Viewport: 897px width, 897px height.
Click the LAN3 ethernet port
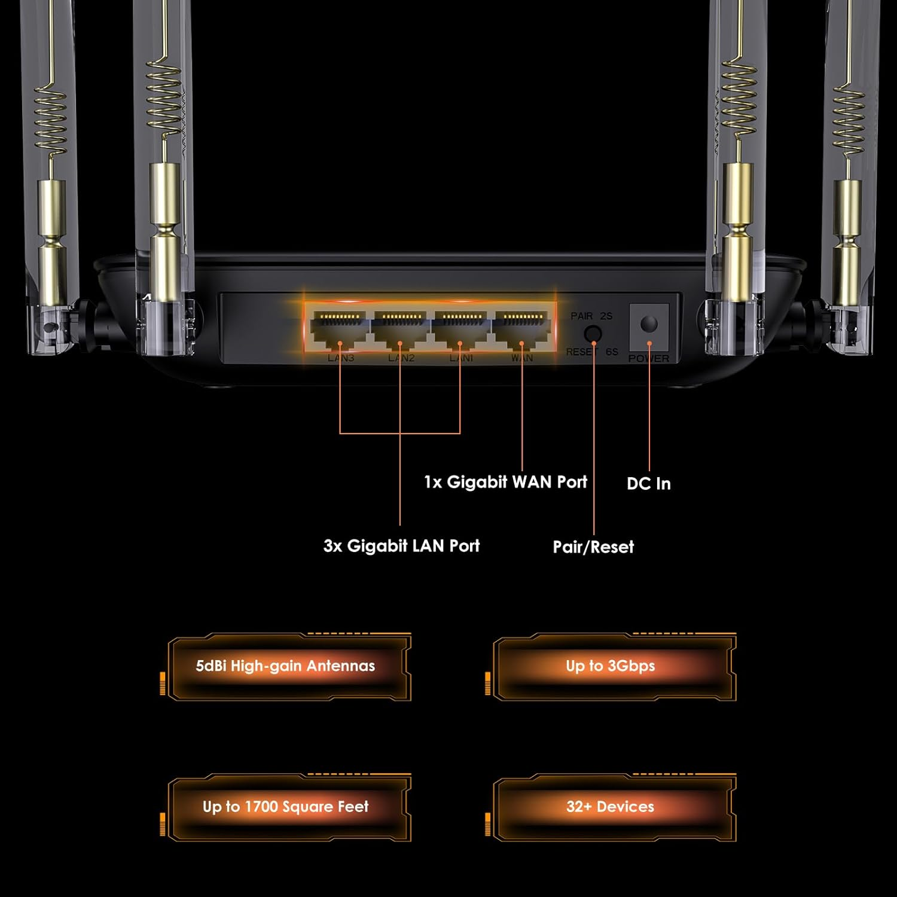tap(340, 329)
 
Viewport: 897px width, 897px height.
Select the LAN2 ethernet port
tap(401, 329)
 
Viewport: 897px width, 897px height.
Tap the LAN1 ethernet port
tap(460, 329)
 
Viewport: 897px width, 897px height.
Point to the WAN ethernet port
tap(522, 329)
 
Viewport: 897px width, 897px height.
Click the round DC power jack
tap(649, 324)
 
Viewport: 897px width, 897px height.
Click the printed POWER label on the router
tap(649, 358)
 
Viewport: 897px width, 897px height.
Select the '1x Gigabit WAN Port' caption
tap(505, 482)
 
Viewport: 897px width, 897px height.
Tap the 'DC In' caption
tap(649, 484)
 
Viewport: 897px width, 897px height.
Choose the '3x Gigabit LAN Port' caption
tap(401, 545)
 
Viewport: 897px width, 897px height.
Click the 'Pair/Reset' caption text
tap(593, 547)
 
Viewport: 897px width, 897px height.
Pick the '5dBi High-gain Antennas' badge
tap(286, 666)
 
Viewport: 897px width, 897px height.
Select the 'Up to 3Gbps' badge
tap(611, 666)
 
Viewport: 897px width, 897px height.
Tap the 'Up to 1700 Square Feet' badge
tap(286, 807)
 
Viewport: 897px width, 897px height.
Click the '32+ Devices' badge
tap(611, 807)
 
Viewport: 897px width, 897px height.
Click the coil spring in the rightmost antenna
tap(848, 120)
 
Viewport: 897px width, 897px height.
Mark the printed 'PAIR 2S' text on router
tap(591, 316)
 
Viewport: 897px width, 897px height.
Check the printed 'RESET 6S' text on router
tap(591, 352)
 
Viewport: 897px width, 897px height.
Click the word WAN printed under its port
tap(522, 358)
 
